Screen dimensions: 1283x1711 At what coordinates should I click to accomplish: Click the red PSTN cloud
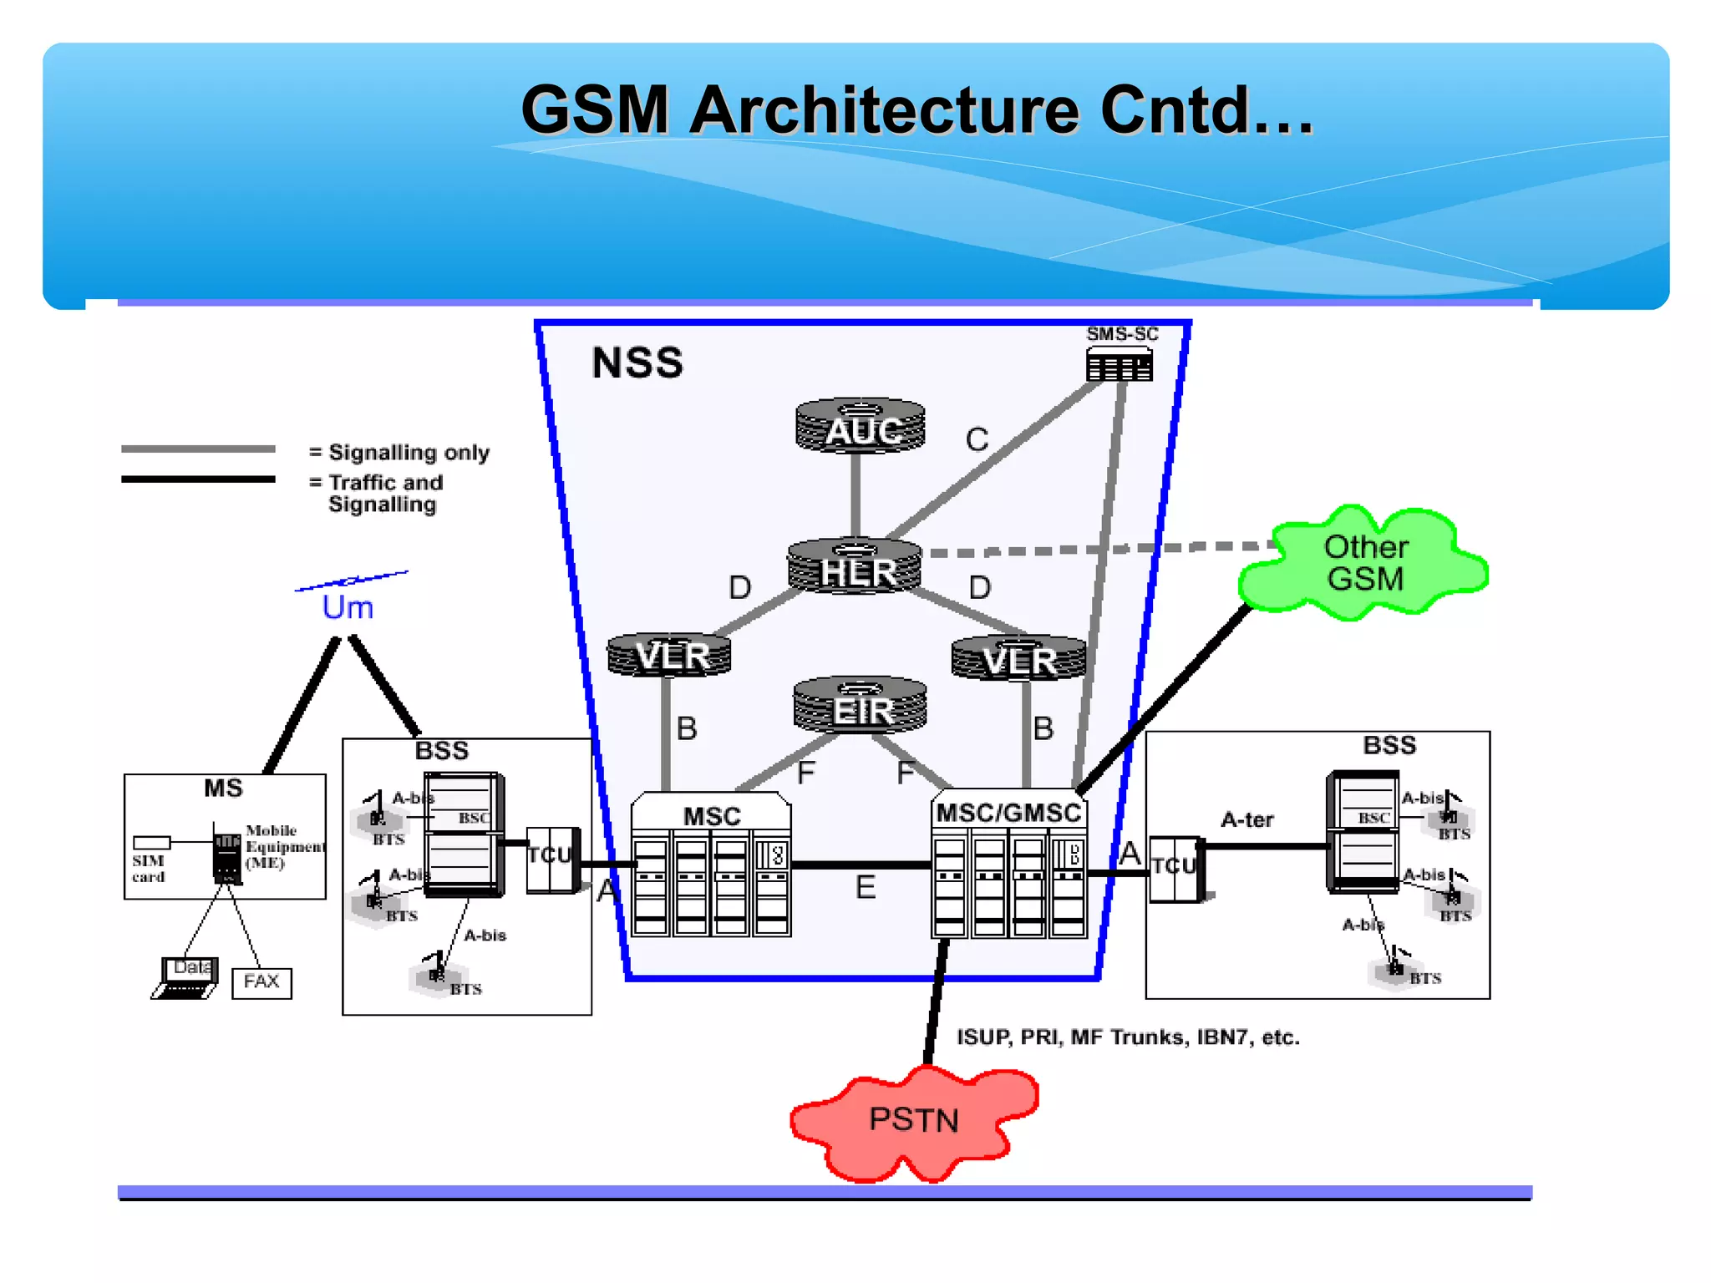coord(913,1121)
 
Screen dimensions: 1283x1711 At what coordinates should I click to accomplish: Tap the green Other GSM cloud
coord(1365,563)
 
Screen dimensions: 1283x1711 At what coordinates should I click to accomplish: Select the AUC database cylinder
coord(861,427)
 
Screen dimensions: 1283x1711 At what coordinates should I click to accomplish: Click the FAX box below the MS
coord(261,982)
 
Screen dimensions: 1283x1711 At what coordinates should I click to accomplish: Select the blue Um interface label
coord(348,607)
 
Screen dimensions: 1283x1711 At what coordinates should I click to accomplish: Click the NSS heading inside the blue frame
coord(637,363)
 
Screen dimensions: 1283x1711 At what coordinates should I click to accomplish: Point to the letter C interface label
coord(977,439)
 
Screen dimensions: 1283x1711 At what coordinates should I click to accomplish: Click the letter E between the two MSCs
coord(866,887)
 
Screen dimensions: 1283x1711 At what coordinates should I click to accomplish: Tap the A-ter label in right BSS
coord(1246,820)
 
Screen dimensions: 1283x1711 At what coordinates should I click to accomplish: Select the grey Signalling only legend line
coord(198,449)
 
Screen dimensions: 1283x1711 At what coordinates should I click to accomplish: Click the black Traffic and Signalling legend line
coord(198,479)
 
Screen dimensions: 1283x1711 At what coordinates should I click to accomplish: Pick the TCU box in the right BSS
coord(1175,869)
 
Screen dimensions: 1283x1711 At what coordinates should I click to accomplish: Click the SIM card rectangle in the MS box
coord(152,843)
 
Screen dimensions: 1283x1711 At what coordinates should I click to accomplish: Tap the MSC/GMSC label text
coord(1008,813)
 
